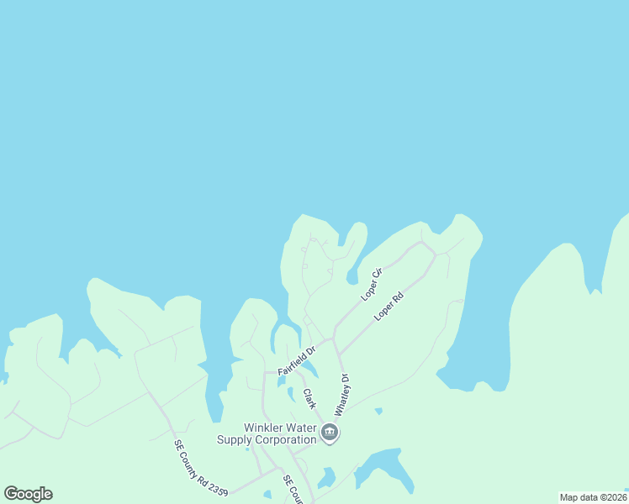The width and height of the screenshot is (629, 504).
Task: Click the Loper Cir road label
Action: point(372,283)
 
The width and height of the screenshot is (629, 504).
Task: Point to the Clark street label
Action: point(309,398)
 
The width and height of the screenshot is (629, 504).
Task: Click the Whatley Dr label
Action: point(341,395)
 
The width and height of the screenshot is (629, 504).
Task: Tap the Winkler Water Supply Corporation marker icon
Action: point(330,433)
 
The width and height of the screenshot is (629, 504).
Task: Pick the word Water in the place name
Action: point(299,428)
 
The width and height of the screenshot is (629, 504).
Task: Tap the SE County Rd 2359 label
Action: point(201,467)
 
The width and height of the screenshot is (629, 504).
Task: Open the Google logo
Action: point(28,494)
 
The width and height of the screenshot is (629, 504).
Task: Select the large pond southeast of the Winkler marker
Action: point(385,469)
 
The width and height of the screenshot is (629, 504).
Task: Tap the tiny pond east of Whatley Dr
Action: point(378,411)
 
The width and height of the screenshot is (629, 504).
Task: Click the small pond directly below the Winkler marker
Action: point(327,477)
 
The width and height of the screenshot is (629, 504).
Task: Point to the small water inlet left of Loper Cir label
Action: point(352,276)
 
